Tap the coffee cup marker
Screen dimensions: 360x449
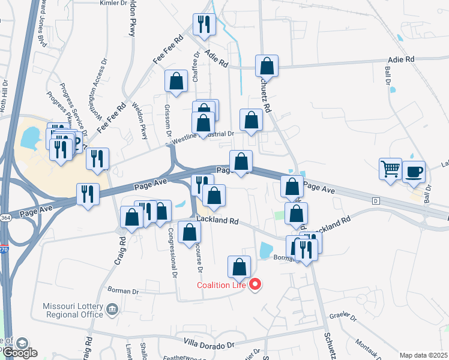tap(414, 172)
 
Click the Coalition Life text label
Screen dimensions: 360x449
tap(221, 284)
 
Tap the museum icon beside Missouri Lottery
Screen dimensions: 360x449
tap(112, 310)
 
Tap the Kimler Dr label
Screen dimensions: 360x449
tap(114, 3)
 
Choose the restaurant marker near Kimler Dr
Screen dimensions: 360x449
tap(203, 25)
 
